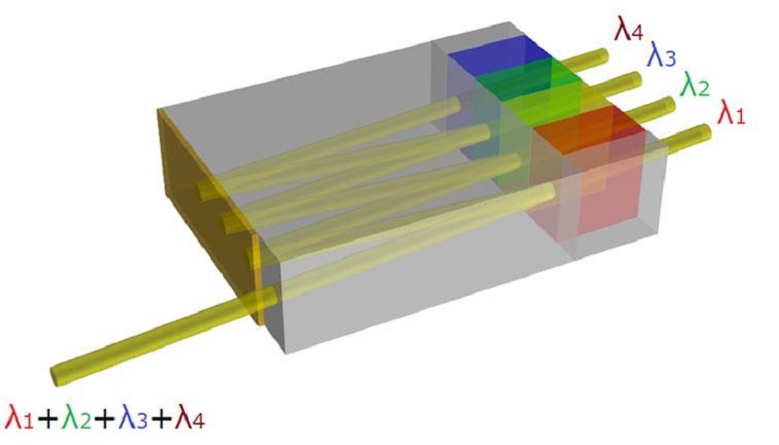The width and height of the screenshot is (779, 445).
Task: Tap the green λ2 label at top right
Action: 694,85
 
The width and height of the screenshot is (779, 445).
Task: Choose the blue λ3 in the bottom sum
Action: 133,418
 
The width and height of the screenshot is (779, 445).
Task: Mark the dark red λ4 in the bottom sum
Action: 190,418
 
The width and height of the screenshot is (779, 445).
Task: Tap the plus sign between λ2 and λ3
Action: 104,419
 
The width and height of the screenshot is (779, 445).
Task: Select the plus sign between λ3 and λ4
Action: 162,419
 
